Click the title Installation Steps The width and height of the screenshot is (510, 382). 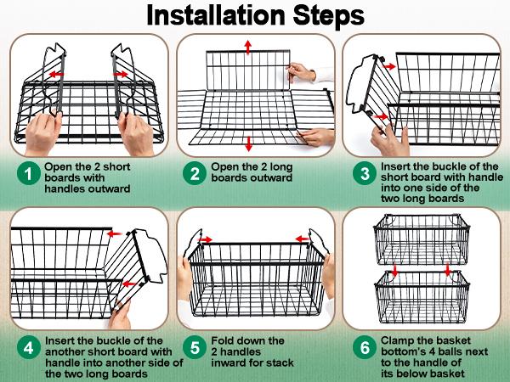point(255,15)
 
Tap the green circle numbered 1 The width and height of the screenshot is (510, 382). point(29,174)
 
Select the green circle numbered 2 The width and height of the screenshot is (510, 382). point(195,174)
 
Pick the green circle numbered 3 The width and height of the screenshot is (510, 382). point(365,174)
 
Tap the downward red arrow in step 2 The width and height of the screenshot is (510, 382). point(248,142)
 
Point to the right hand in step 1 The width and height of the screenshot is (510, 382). point(136,132)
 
